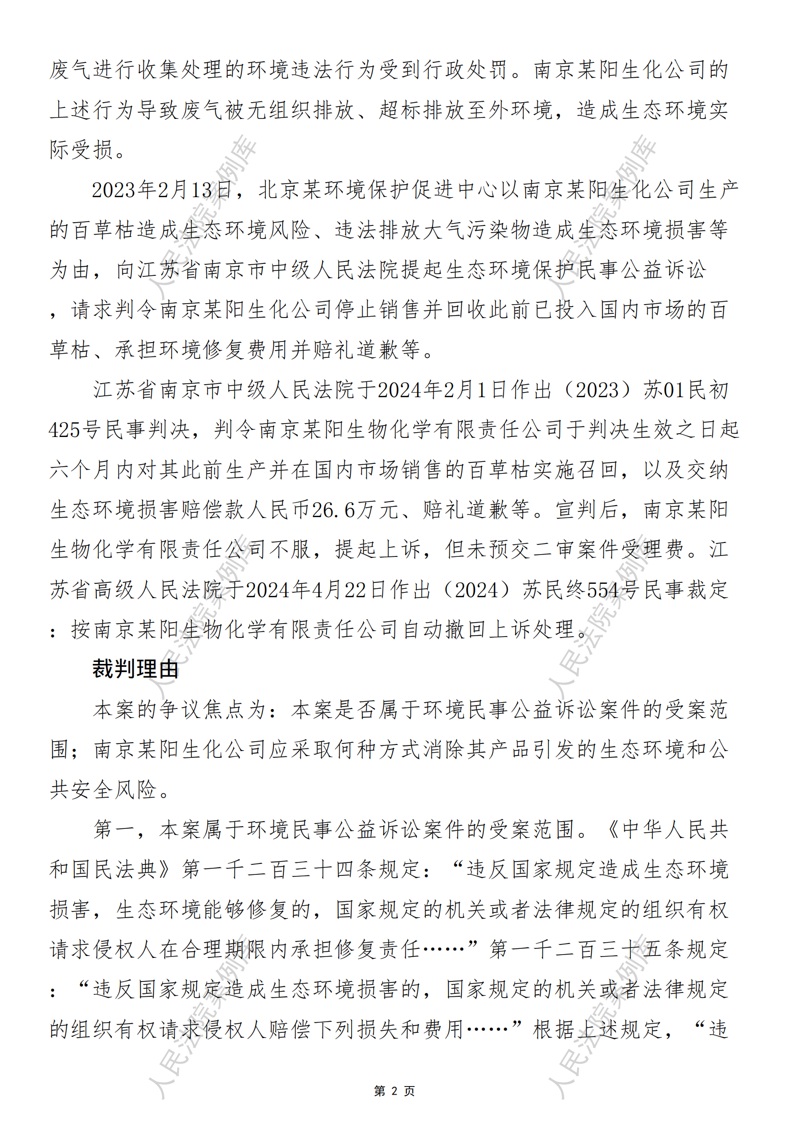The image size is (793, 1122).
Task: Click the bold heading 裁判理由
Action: pyautogui.click(x=135, y=669)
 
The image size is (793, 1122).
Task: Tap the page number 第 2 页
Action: pyautogui.click(x=394, y=1091)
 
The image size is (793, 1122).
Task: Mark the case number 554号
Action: pyautogui.click(x=613, y=590)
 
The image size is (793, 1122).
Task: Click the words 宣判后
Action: pyautogui.click(x=587, y=510)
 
